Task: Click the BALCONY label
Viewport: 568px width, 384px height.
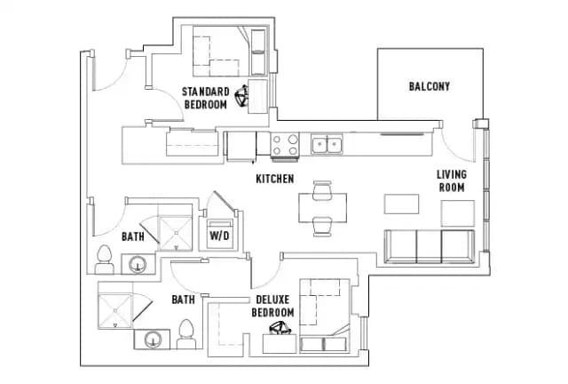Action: click(430, 86)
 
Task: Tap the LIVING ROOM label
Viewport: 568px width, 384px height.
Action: click(451, 180)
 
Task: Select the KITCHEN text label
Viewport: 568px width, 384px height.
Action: click(274, 179)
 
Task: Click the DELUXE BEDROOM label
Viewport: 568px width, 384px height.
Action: click(272, 307)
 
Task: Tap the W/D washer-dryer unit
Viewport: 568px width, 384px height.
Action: click(217, 236)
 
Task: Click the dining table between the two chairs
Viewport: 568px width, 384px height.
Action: click(321, 207)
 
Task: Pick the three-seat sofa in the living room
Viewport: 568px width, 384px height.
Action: click(430, 244)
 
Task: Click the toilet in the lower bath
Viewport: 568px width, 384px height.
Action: click(186, 334)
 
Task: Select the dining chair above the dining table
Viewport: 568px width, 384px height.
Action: click(321, 188)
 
